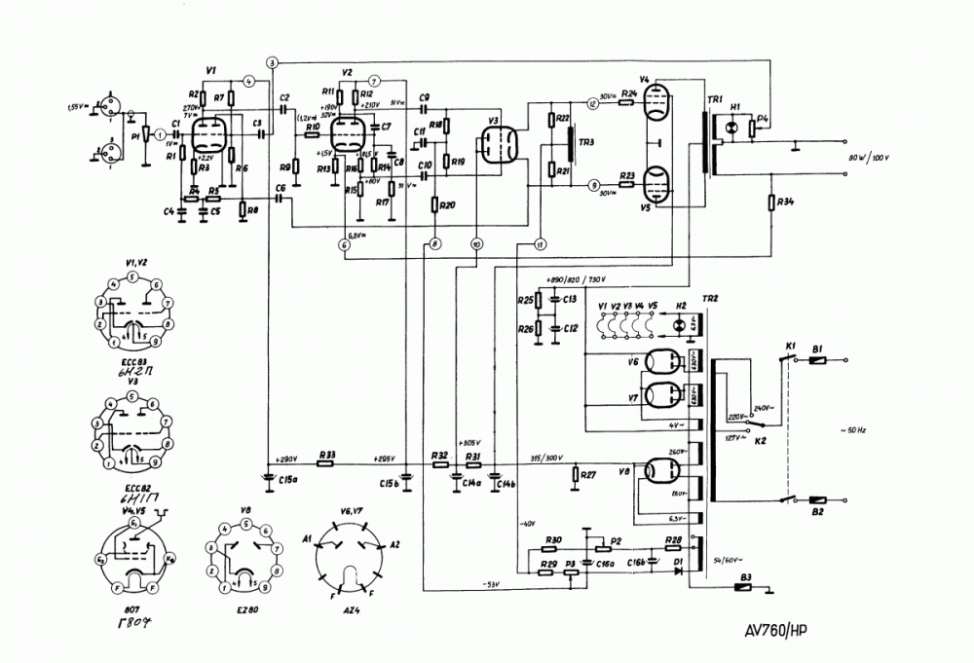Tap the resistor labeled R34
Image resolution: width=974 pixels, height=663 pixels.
coord(771,203)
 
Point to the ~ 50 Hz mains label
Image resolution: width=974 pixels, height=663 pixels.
coord(856,428)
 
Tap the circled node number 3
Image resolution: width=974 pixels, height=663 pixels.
coord(273,63)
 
